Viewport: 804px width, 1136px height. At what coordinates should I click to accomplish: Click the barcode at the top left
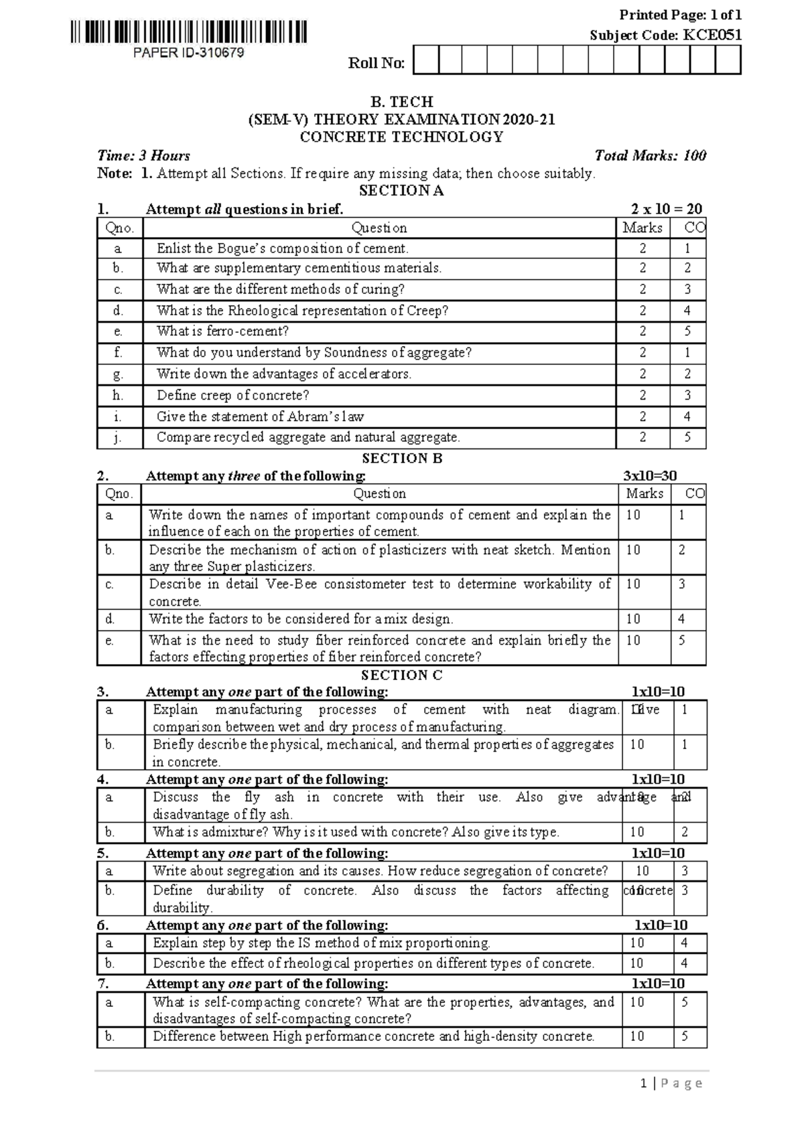tap(188, 32)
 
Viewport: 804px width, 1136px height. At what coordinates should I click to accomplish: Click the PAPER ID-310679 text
tap(188, 52)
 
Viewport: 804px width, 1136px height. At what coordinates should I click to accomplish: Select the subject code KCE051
tap(712, 35)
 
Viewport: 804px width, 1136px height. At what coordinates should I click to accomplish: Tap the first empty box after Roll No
tap(426, 60)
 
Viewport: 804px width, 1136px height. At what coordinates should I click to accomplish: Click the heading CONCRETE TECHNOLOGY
tap(401, 137)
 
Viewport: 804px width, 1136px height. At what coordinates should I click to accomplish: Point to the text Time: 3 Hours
tap(143, 156)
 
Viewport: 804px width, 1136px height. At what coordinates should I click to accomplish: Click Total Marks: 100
tap(650, 156)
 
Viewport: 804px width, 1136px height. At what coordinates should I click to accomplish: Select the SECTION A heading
tap(401, 191)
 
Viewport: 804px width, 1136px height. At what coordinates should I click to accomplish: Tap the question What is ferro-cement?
tap(222, 331)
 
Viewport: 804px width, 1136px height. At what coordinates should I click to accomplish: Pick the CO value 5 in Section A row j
tap(687, 438)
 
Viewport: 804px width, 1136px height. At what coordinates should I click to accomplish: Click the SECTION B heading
tap(401, 459)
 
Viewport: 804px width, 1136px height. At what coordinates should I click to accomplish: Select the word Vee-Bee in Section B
tap(291, 584)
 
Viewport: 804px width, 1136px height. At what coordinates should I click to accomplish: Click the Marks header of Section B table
tap(644, 494)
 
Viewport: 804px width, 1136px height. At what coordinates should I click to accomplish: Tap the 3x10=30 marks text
tap(649, 476)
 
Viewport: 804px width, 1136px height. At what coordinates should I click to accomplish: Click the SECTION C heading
tap(401, 675)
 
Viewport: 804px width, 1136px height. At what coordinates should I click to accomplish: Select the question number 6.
tap(103, 925)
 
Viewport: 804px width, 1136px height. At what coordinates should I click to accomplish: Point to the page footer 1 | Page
tap(671, 1083)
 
